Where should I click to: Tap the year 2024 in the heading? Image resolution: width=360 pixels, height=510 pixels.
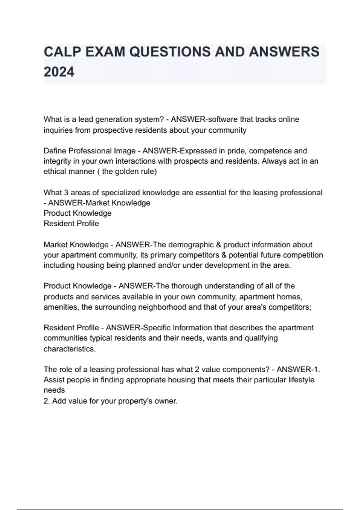(59, 72)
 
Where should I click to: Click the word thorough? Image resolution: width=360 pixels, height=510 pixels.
(187, 286)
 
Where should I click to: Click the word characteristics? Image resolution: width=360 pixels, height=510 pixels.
(70, 349)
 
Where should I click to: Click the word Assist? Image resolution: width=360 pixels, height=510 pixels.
(54, 380)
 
